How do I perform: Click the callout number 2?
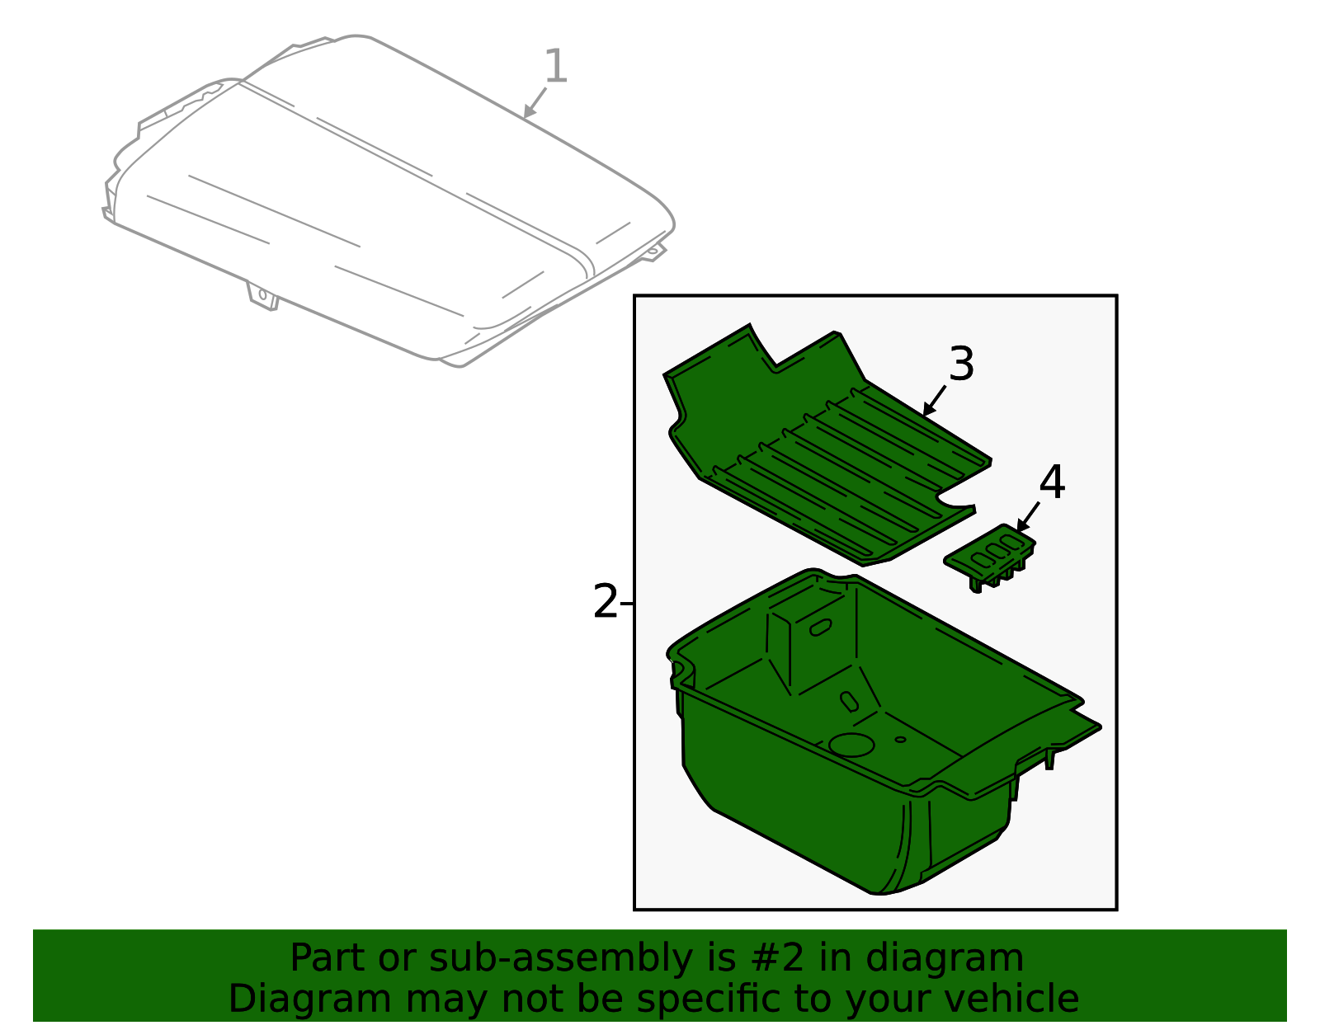pyautogui.click(x=605, y=601)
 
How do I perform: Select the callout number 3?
pyautogui.click(x=962, y=364)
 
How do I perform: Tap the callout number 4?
pyautogui.click(x=1052, y=482)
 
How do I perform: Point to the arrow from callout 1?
pyautogui.click(x=535, y=102)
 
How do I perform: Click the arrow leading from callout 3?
pyautogui.click(x=934, y=401)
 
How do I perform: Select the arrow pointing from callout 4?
pyautogui.click(x=1028, y=517)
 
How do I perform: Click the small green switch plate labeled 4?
pyautogui.click(x=989, y=555)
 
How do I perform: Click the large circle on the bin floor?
pyautogui.click(x=851, y=744)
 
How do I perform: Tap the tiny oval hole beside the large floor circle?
pyautogui.click(x=900, y=739)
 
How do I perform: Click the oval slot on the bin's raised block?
pyautogui.click(x=821, y=628)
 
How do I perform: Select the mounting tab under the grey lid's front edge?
pyautogui.click(x=263, y=296)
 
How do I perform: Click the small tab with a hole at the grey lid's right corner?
pyautogui.click(x=653, y=251)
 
